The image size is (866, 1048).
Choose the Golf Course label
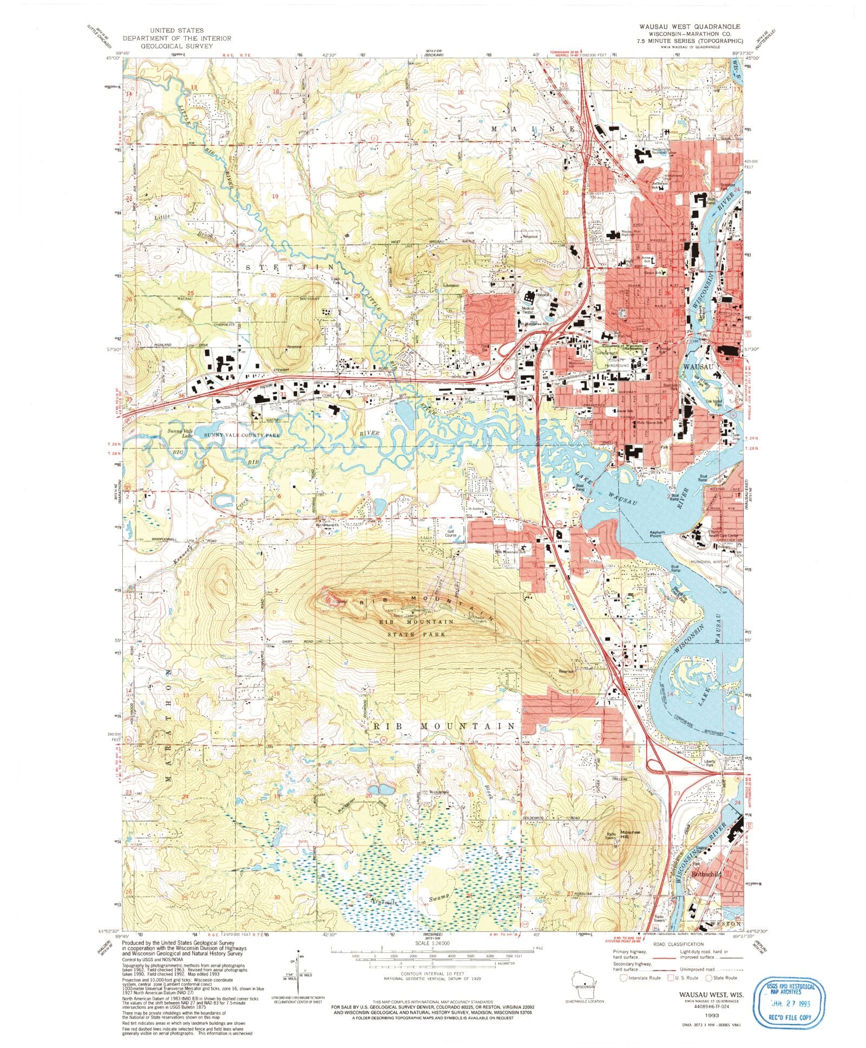[451, 533]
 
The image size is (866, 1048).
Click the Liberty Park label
[710, 763]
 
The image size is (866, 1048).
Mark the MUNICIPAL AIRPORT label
[710, 562]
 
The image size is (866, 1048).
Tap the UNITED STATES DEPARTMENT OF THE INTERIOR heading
[176, 38]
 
